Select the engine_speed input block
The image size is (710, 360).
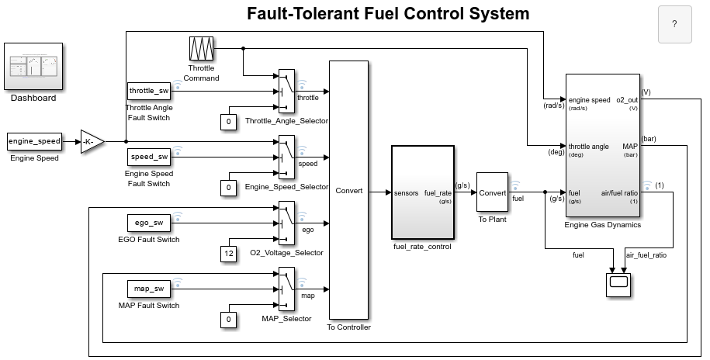click(34, 141)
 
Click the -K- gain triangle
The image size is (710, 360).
click(92, 142)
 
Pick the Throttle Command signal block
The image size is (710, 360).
click(202, 48)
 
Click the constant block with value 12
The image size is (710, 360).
click(228, 254)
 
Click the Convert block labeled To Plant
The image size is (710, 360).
click(492, 192)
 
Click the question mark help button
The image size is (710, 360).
click(674, 24)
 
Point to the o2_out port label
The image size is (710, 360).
click(625, 100)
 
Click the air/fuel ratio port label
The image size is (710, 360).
click(619, 192)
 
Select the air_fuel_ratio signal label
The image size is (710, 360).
click(646, 254)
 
